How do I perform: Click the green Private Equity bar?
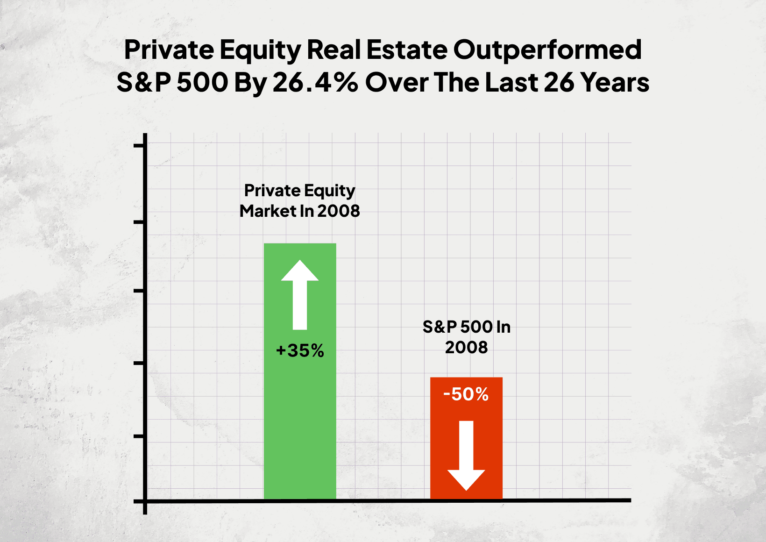[300, 421]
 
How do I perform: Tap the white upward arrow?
[300, 294]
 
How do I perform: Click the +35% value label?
[300, 351]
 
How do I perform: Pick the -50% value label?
[466, 394]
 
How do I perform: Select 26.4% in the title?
[315, 83]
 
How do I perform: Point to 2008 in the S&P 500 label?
[466, 348]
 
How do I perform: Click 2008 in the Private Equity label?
[339, 211]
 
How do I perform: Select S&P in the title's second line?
[143, 83]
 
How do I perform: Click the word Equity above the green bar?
[330, 191]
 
